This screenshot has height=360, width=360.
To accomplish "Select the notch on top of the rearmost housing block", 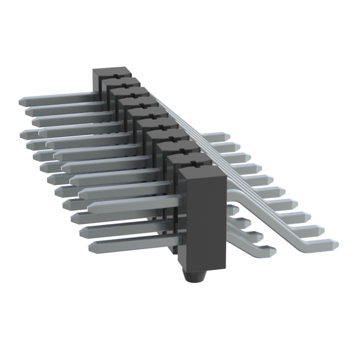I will (115, 75).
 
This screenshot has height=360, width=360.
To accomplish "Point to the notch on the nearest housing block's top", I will (195, 165).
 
